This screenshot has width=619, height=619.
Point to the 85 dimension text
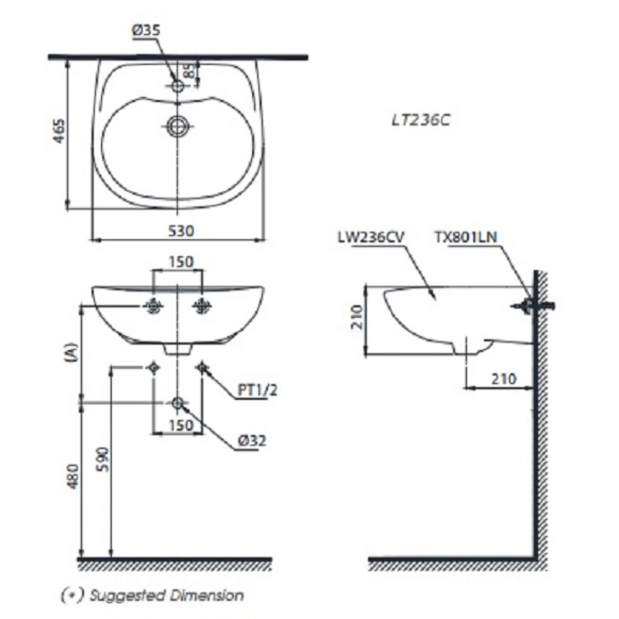tap(189, 70)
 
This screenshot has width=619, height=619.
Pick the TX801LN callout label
tap(466, 237)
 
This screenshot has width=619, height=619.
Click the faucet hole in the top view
tap(178, 86)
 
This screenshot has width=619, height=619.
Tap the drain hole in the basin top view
tap(178, 127)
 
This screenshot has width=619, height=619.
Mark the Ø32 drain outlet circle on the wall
tap(177, 403)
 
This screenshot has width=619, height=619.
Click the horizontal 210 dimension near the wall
tap(500, 378)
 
